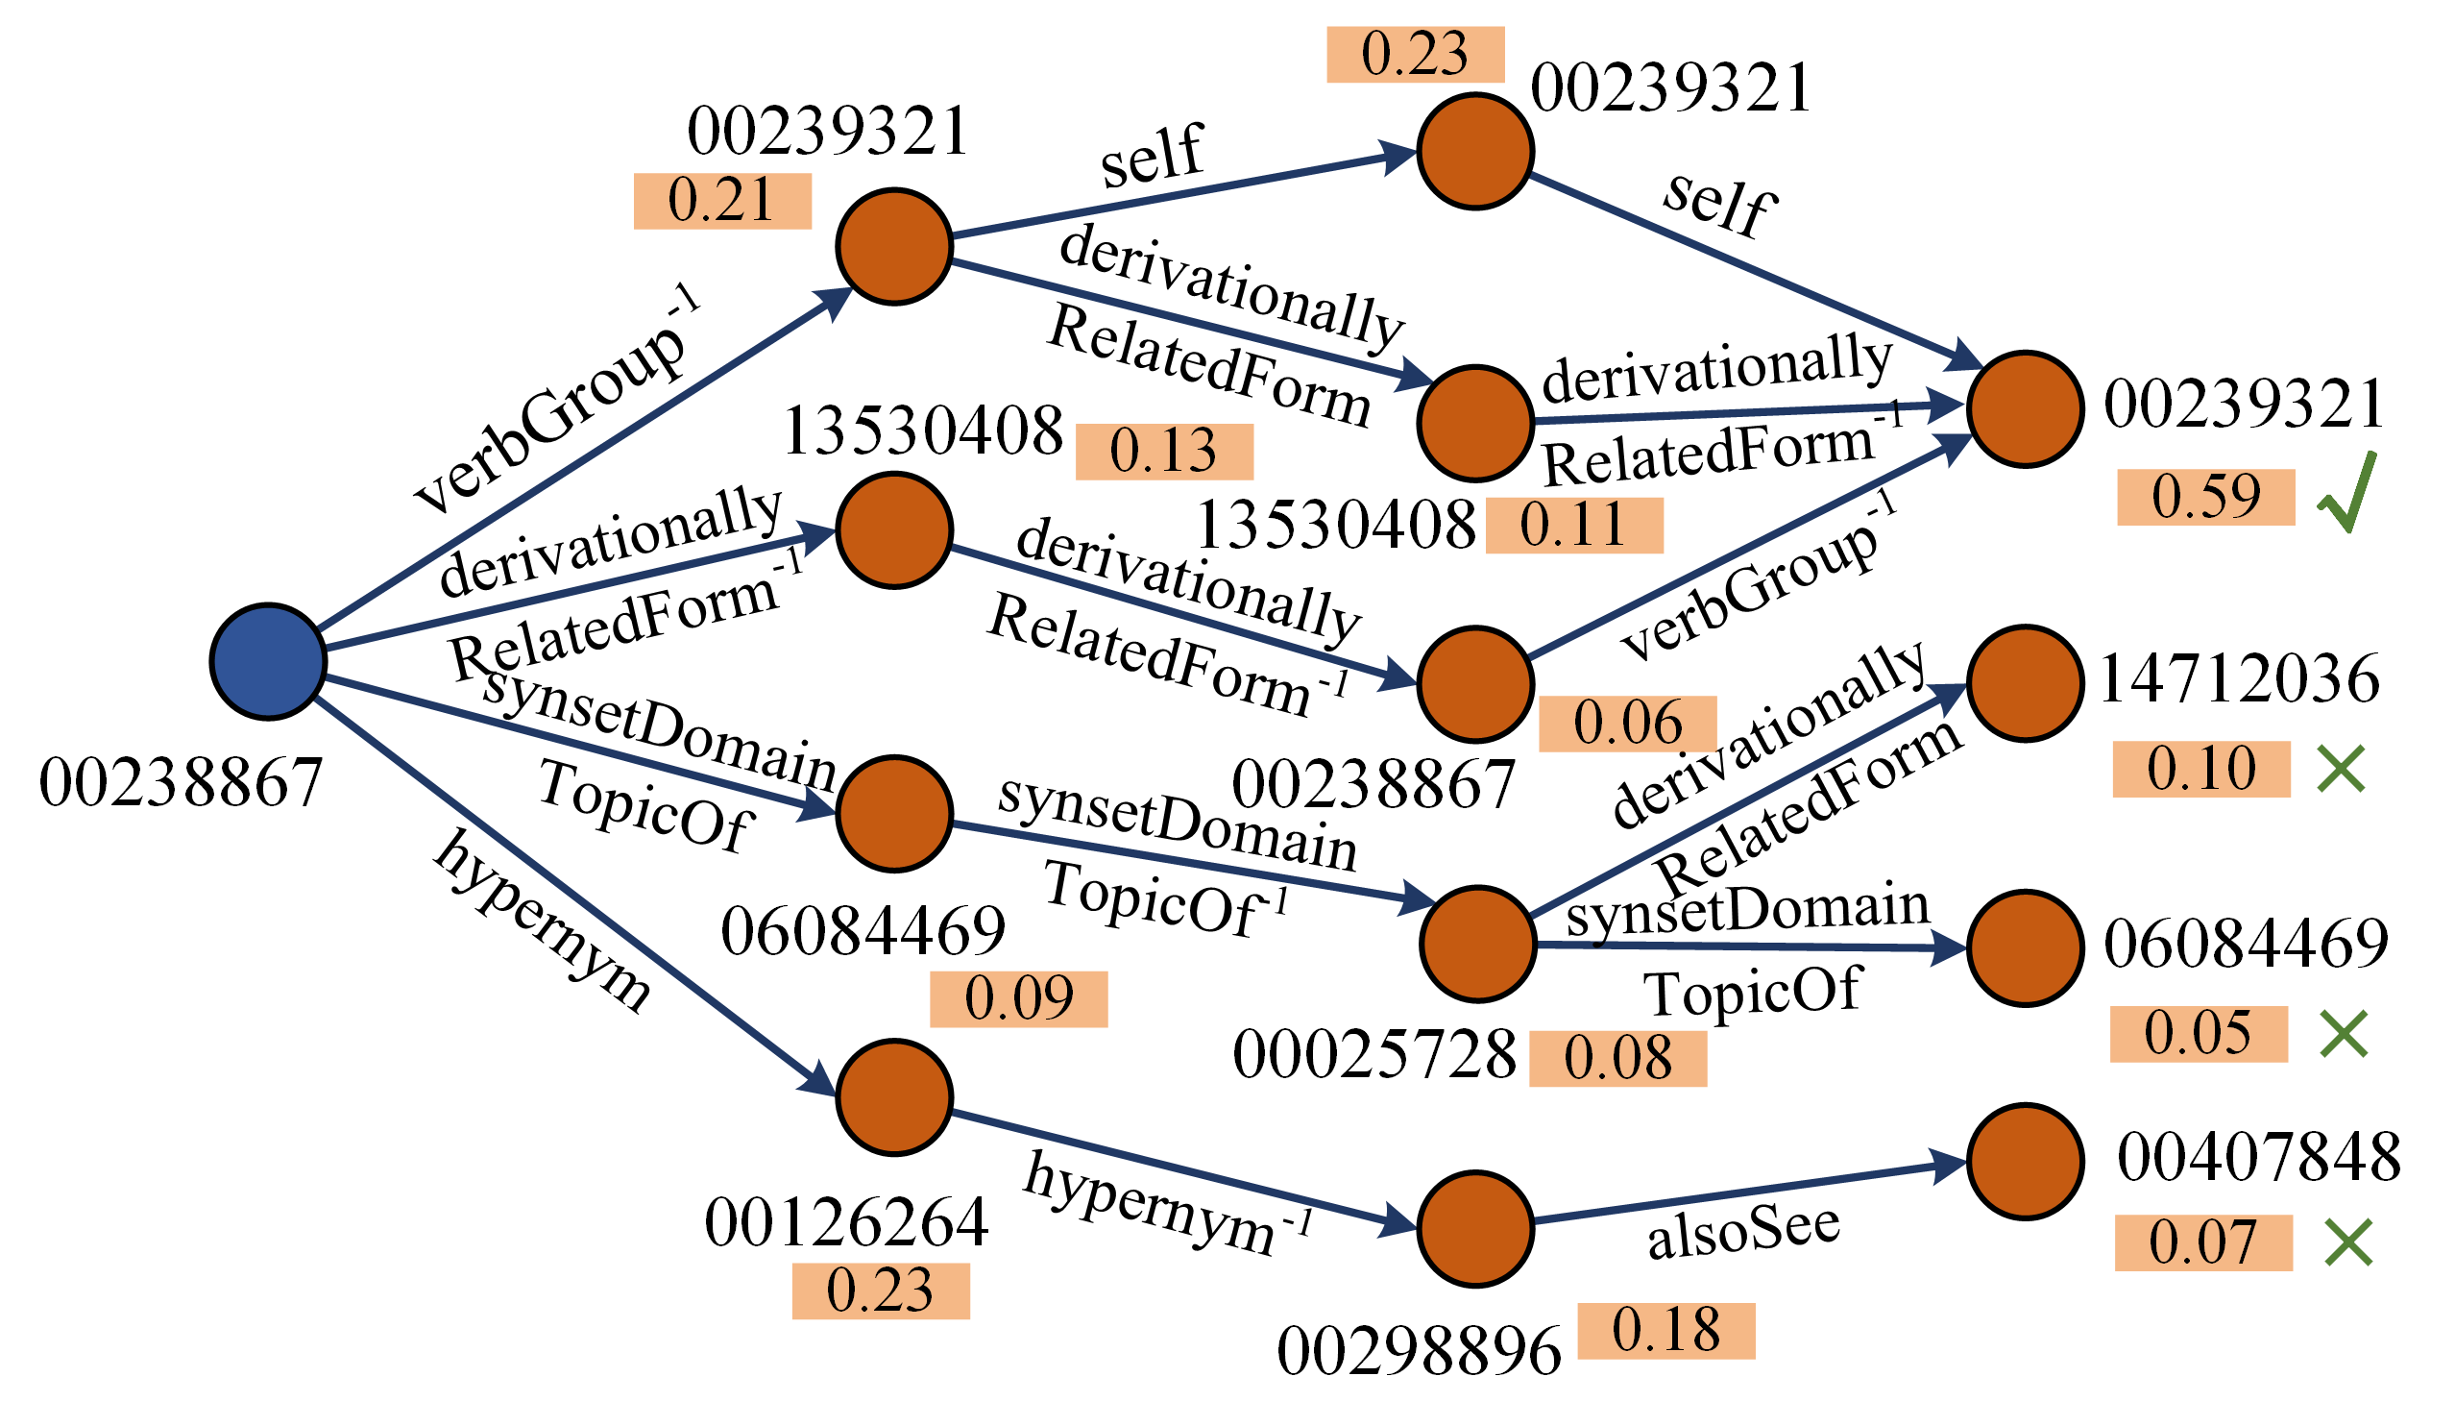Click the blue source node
tap(268, 662)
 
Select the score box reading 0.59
tap(2205, 497)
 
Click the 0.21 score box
tap(722, 201)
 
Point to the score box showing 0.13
tap(1163, 452)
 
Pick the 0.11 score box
tap(1573, 526)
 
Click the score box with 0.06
tap(1627, 724)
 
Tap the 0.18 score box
tap(1665, 1331)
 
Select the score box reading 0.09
tap(1018, 999)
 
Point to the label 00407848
tap(2258, 1157)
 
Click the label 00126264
tap(845, 1223)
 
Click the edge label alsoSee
tap(1743, 1231)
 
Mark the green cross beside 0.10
tap(2341, 770)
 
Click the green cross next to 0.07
tap(2347, 1242)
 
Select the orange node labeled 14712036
tap(2026, 683)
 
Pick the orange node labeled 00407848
tap(2026, 1162)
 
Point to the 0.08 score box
tap(1617, 1059)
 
